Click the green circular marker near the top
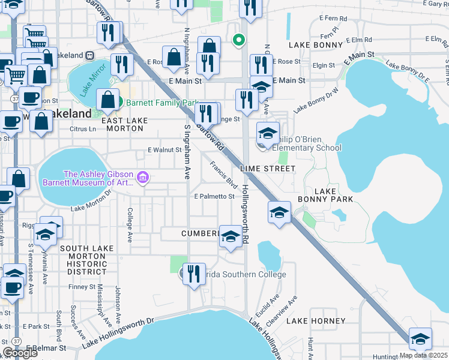(x=239, y=41)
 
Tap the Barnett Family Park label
(x=161, y=102)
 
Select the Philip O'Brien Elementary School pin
(x=268, y=133)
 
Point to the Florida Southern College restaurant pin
(x=194, y=274)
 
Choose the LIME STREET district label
(x=268, y=169)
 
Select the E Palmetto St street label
(x=214, y=196)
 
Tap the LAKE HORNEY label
(x=316, y=321)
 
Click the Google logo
(x=20, y=353)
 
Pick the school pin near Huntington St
(x=420, y=339)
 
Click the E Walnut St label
(x=164, y=150)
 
